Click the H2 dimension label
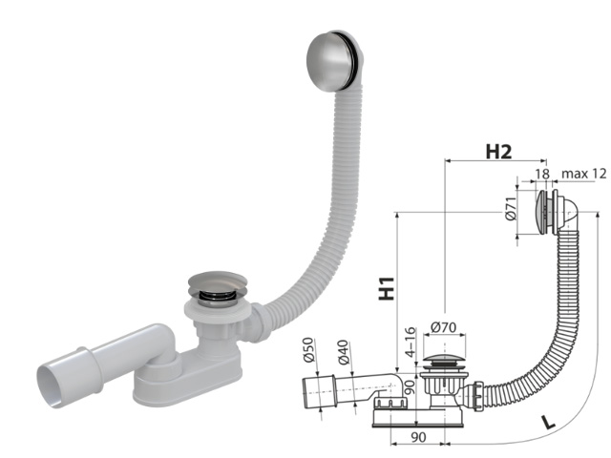click(x=500, y=151)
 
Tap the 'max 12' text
click(x=584, y=173)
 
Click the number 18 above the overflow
click(x=541, y=173)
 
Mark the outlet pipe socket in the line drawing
click(x=318, y=390)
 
